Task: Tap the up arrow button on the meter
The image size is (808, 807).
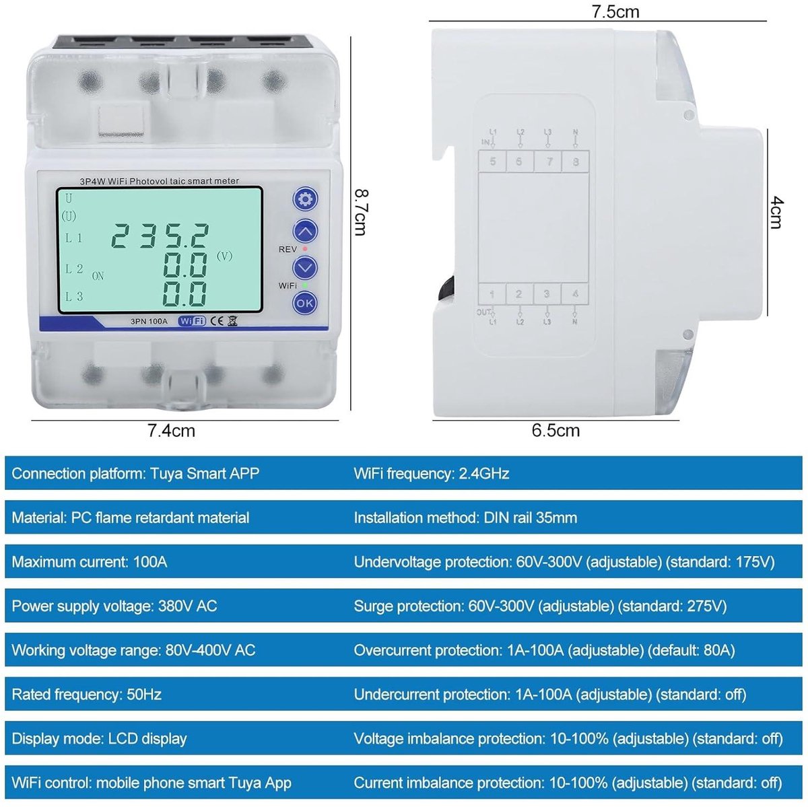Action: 305,231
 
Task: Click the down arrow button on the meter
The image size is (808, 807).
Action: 305,267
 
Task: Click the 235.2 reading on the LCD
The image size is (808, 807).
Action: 160,236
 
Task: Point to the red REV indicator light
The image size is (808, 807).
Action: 305,249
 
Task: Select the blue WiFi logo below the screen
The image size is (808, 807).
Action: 192,320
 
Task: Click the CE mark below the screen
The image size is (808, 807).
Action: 216,321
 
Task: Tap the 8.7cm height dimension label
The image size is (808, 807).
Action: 362,212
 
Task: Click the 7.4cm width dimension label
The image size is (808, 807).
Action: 172,431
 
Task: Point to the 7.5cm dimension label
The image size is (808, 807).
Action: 615,11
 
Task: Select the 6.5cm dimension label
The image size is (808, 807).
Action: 556,431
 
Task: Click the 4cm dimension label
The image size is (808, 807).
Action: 776,213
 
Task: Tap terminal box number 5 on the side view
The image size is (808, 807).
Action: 493,162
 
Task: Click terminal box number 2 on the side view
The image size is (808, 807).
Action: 519,294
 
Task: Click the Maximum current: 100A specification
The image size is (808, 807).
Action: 90,562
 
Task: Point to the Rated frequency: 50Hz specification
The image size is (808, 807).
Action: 87,694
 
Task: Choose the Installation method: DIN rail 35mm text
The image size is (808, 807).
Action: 465,518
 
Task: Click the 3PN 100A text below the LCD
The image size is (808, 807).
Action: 149,322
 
